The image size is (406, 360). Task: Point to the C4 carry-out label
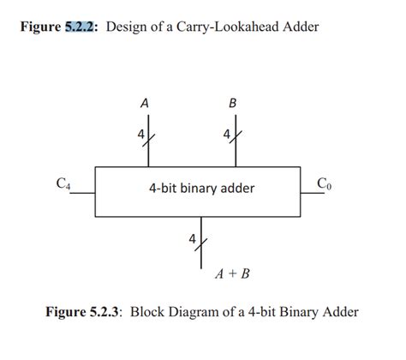pos(63,183)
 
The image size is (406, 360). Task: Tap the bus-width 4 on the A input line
pos(140,134)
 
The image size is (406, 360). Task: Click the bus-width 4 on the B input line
pos(225,134)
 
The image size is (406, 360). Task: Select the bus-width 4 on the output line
pos(193,237)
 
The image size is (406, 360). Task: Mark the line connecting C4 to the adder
pos(81,193)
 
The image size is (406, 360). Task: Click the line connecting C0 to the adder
pos(317,193)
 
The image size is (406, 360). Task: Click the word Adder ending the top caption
pos(301,27)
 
